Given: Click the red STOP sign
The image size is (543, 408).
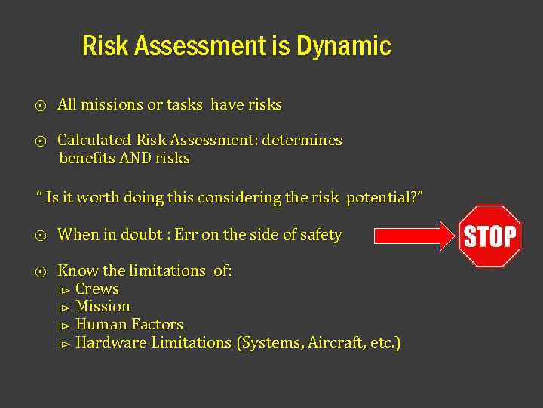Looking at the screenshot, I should coord(491,236).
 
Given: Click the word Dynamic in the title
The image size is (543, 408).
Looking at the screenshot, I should coord(343,46).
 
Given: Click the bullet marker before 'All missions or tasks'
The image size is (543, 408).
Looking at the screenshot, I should coord(41,106).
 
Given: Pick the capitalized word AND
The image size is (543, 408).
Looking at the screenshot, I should coord(136,159).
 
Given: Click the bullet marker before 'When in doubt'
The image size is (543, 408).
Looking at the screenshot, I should coord(41,236).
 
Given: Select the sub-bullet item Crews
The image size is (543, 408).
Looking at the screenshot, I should coord(97,289).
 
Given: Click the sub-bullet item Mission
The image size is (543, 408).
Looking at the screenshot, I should coord(103,307).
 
